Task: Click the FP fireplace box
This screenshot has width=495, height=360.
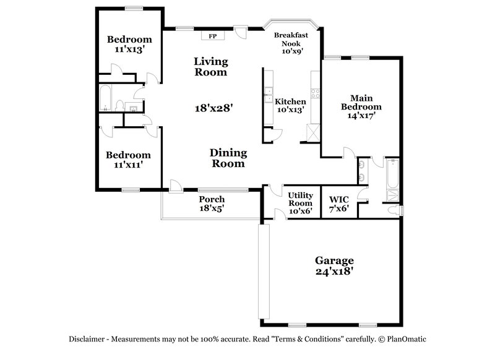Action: pos(212,35)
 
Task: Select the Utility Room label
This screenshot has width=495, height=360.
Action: pos(301,202)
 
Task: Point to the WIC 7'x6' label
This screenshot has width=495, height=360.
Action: pos(338,204)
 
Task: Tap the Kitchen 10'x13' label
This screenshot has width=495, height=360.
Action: pos(290,106)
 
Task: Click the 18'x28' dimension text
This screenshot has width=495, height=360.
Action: pos(213,108)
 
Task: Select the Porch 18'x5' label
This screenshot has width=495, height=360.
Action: pos(211,204)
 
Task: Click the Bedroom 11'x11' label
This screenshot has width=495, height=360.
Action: pos(127,160)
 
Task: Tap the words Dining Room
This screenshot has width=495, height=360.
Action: pos(228,158)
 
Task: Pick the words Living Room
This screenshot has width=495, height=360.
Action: pos(210,67)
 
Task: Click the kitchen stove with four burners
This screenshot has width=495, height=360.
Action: pos(315,95)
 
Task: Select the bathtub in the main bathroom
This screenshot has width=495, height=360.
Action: pos(392,180)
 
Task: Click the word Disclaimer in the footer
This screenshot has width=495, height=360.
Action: pos(88,339)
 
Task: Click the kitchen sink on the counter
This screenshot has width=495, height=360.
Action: pos(269,95)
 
